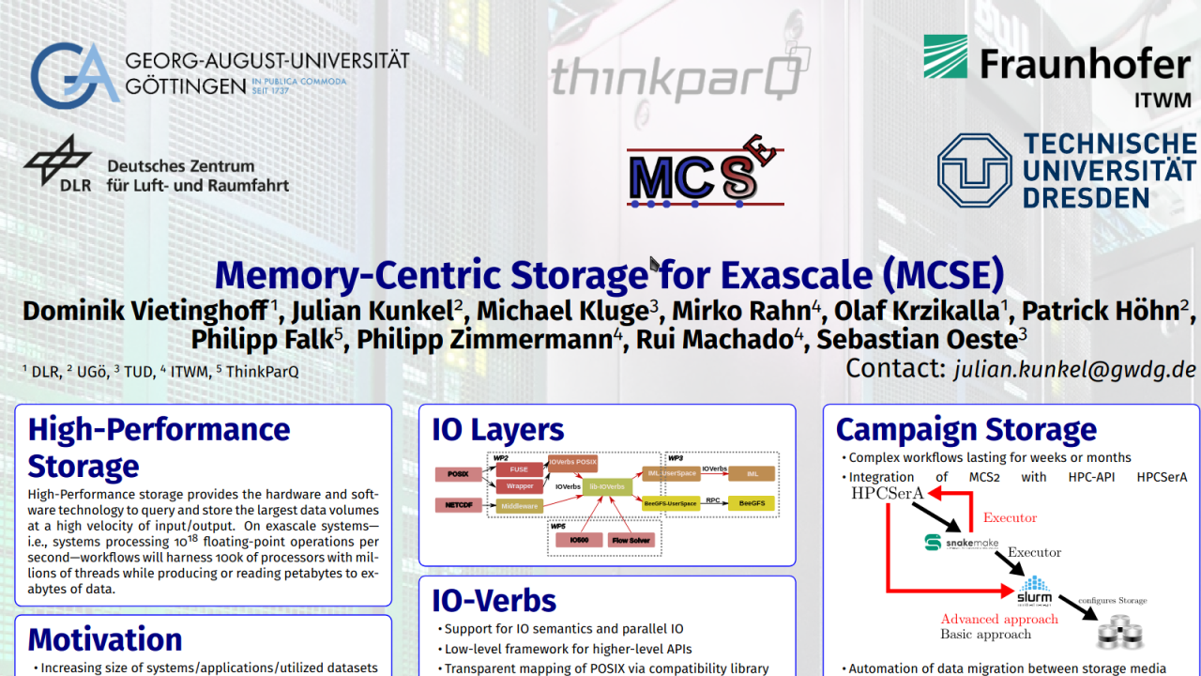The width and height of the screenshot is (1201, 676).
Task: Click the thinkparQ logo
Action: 675,75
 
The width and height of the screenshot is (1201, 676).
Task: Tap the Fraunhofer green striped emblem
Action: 946,57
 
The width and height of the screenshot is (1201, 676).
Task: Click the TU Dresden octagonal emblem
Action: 974,170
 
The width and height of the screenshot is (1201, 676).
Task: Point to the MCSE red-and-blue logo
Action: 704,170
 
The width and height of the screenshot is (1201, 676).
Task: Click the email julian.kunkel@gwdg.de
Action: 1075,369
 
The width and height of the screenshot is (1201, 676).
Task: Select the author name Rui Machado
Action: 714,339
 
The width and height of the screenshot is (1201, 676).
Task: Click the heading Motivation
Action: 105,639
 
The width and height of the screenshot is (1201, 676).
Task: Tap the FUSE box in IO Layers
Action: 519,469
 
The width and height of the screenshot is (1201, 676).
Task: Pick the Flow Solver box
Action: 631,541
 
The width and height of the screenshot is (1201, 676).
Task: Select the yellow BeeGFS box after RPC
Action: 752,503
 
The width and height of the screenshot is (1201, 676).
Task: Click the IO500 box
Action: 579,541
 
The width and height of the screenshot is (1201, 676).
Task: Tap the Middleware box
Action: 519,506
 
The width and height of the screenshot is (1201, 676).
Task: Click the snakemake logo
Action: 956,542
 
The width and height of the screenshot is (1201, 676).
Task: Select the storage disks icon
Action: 1121,632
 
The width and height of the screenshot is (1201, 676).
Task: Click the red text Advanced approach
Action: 999,619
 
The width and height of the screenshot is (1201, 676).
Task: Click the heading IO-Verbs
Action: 494,600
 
